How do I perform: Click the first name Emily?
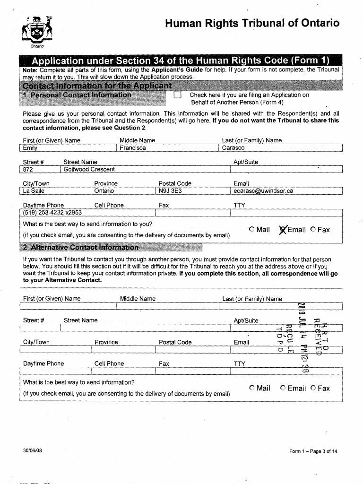pyautogui.click(x=30, y=148)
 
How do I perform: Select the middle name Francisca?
pyautogui.click(x=133, y=148)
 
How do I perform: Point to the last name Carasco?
pyautogui.click(x=233, y=148)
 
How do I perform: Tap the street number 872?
pyautogui.click(x=29, y=169)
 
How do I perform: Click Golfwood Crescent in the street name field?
pyautogui.click(x=89, y=169)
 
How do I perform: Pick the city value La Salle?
pyautogui.click(x=34, y=191)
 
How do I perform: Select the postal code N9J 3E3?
pyautogui.click(x=171, y=191)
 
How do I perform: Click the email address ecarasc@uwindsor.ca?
pyautogui.click(x=263, y=191)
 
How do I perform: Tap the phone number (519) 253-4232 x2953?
pyautogui.click(x=52, y=213)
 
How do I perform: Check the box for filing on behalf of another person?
pyautogui.click(x=178, y=95)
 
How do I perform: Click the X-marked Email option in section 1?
pyautogui.click(x=283, y=230)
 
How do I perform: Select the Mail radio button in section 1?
pyautogui.click(x=252, y=230)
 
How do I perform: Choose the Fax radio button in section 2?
pyautogui.click(x=313, y=388)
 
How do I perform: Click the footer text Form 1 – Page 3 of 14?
pyautogui.click(x=313, y=451)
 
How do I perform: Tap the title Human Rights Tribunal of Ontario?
pyautogui.click(x=252, y=23)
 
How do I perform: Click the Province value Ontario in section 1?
pyautogui.click(x=104, y=191)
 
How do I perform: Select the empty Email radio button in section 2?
pyautogui.click(x=283, y=388)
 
